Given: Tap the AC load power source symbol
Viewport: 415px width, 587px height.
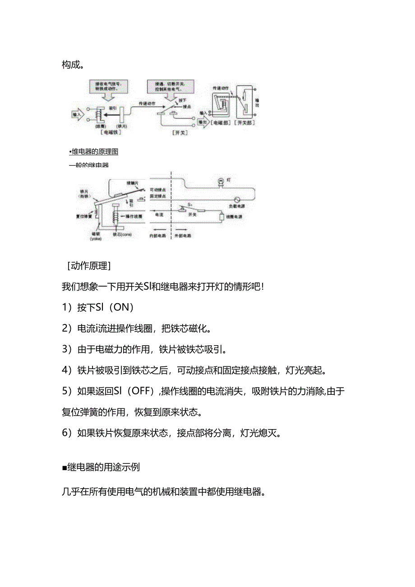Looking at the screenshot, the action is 237,199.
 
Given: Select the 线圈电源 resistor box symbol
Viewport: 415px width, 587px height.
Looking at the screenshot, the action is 221,217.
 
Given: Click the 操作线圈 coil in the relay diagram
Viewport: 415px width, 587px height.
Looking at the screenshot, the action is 116,217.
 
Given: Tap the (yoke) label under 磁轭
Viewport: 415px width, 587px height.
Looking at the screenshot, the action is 96,239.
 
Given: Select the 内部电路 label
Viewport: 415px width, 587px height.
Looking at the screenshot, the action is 158,236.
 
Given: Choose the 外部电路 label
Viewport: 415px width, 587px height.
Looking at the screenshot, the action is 183,236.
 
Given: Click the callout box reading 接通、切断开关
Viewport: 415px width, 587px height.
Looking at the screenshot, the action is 171,85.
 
